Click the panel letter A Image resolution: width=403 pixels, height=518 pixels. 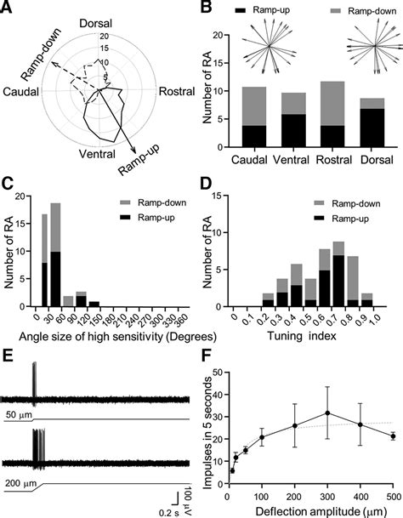[x=8, y=8]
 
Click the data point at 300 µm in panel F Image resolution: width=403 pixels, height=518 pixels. [x=326, y=413]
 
